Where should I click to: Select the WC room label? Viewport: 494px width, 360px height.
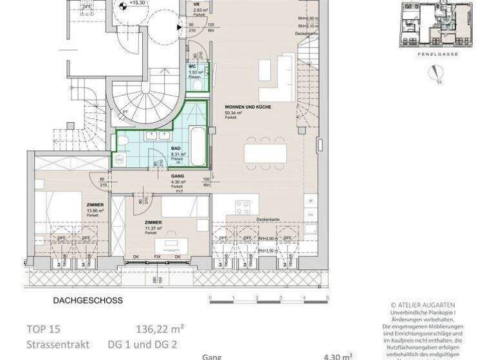(x=192, y=67)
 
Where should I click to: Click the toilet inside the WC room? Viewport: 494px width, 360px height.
(x=200, y=83)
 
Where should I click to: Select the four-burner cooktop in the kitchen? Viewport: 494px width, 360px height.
(x=243, y=207)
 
